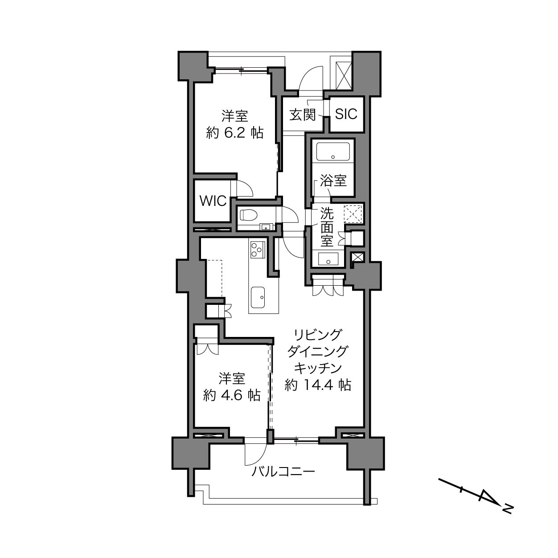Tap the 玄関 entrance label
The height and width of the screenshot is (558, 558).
pos(303,115)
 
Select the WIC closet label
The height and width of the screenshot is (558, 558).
pos(213,201)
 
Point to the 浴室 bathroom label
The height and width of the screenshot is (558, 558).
pos(333,181)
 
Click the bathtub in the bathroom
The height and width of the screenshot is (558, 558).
pos(333,152)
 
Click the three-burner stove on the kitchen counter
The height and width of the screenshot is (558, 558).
pos(257,249)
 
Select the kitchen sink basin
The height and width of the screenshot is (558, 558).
pos(258,297)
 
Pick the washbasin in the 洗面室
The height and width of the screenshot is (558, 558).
pos(328,259)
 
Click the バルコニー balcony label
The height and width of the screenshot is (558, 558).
pos(283,472)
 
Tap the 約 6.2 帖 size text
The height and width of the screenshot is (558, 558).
pos(234,134)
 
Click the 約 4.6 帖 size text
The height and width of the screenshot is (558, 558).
pos(232,395)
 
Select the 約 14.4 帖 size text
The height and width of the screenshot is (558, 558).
pos(318,385)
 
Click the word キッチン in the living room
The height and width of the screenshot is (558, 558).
pos(318,368)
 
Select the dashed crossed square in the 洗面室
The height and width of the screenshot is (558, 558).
pos(353,214)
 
